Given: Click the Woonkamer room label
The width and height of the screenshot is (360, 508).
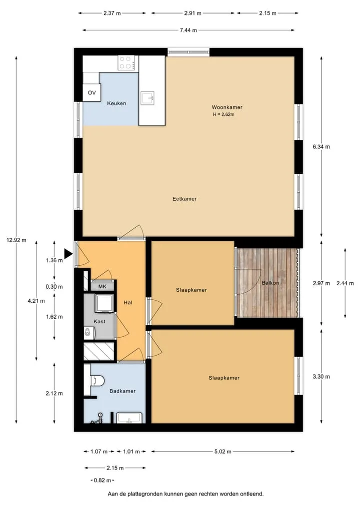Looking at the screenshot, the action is [x=227, y=107].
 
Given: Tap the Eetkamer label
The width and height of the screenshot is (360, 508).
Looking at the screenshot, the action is [x=184, y=199].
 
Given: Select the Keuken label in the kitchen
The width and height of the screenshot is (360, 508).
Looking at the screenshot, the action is [x=116, y=103].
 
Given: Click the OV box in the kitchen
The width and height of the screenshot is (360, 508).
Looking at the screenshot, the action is [x=92, y=92].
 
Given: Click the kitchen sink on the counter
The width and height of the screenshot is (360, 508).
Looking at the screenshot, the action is [x=147, y=98].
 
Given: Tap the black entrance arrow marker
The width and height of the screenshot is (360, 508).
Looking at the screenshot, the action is [x=68, y=254].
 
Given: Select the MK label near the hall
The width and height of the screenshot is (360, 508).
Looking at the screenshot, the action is [x=102, y=286].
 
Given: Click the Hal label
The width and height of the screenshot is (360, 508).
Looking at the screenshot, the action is [x=128, y=303].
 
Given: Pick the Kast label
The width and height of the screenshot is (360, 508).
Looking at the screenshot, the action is [x=99, y=321].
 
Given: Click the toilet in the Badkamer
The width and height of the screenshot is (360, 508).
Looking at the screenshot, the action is [x=96, y=380].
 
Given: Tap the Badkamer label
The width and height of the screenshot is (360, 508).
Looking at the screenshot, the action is [x=122, y=391].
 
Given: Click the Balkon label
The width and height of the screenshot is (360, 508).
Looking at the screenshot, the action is [x=270, y=283].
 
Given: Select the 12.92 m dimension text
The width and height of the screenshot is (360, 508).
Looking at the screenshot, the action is [x=16, y=240].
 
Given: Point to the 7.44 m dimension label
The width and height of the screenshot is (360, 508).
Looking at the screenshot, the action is [x=188, y=30].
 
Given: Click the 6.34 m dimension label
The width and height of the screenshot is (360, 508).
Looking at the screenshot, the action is [x=321, y=147].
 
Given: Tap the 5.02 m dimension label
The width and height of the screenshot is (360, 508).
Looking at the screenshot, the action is [x=223, y=451].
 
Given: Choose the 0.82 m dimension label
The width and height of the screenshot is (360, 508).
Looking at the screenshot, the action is [x=102, y=480].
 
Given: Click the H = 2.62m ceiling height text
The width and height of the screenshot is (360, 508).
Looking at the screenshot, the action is [x=224, y=114].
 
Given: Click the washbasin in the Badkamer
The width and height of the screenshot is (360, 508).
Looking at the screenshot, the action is [x=129, y=418].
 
